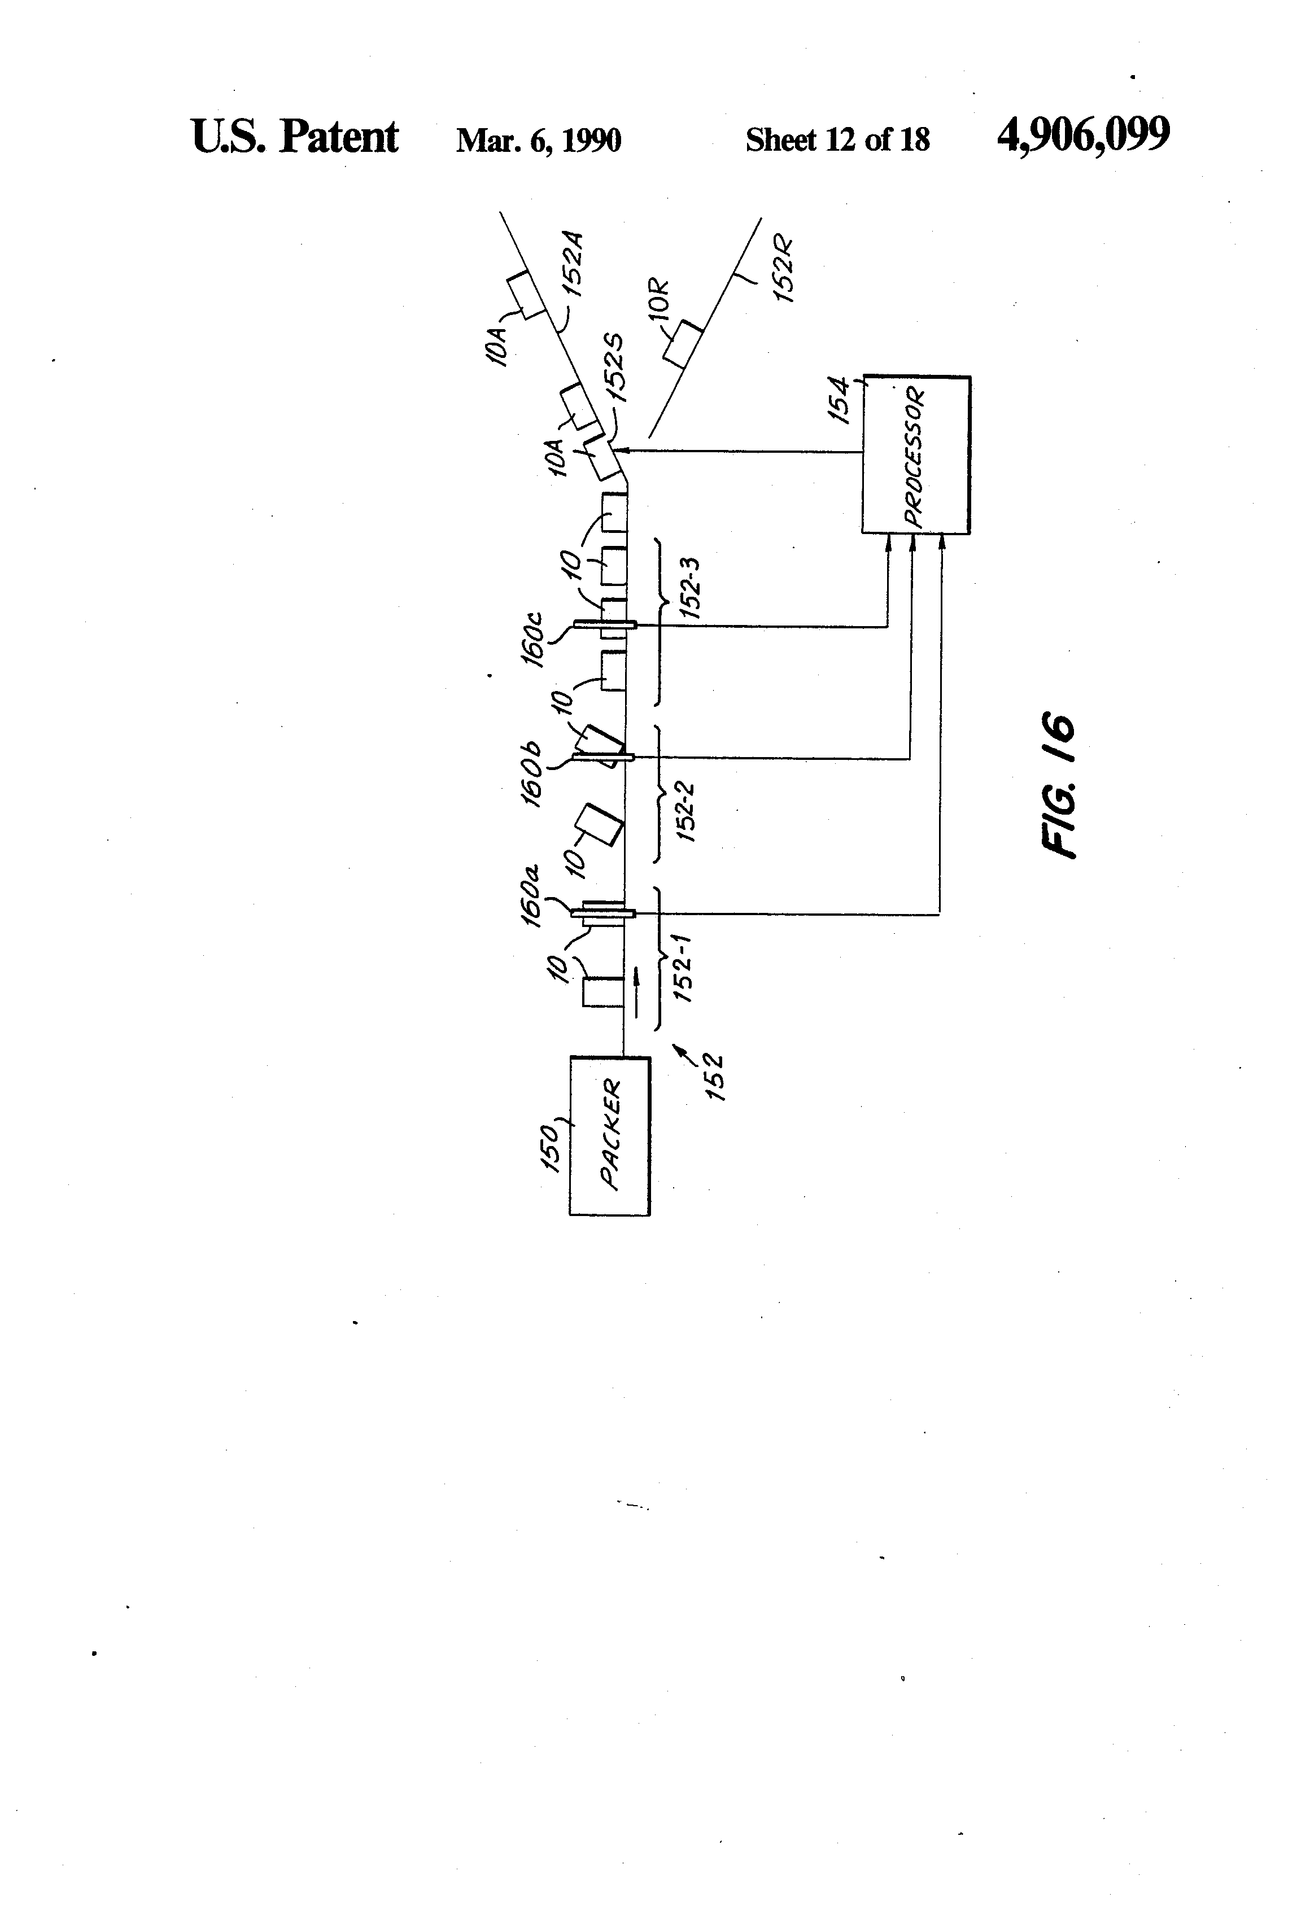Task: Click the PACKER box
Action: click(609, 1135)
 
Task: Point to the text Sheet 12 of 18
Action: click(837, 139)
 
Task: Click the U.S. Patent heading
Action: click(295, 137)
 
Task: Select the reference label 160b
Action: click(531, 772)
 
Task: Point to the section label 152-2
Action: click(687, 812)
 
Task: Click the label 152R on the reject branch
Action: click(783, 270)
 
